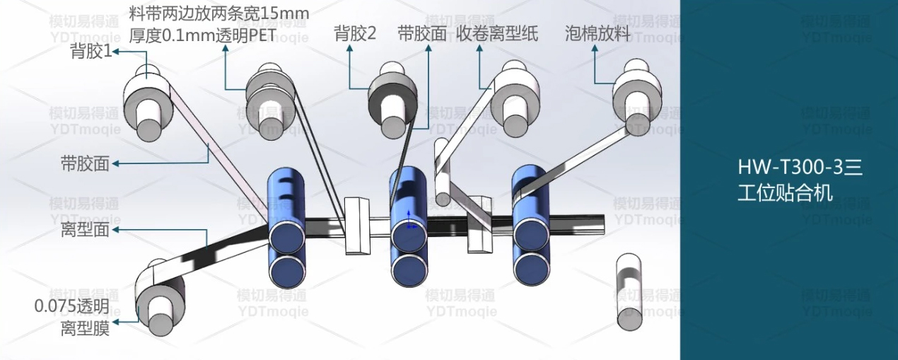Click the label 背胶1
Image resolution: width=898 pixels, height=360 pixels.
pyautogui.click(x=91, y=51)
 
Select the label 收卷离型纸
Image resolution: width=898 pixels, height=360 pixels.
pyautogui.click(x=497, y=34)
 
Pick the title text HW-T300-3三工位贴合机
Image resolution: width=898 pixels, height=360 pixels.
pyautogui.click(x=798, y=180)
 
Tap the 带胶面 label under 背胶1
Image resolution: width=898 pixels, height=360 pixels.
pyautogui.click(x=85, y=164)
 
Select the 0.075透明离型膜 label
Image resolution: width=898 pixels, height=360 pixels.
pyautogui.click(x=73, y=318)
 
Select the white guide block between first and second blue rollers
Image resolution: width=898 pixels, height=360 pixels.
pyautogui.click(x=358, y=226)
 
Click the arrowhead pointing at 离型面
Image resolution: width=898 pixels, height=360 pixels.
pyautogui.click(x=115, y=230)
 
